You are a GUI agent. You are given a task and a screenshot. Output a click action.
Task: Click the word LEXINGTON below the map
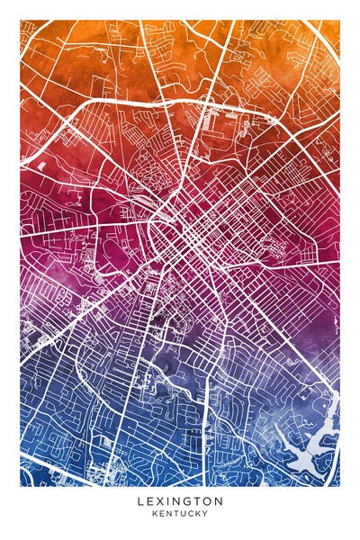coord(180,500)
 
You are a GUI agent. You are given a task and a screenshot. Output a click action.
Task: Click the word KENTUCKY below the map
coord(180,513)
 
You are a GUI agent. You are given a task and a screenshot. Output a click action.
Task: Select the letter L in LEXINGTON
coord(140,500)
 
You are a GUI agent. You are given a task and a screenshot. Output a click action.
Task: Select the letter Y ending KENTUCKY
coord(205,513)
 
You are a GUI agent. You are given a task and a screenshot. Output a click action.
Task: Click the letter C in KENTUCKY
coord(190,513)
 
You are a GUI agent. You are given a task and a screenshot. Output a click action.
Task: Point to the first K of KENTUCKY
coord(154,513)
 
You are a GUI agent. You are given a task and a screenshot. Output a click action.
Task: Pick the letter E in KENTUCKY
coord(161,513)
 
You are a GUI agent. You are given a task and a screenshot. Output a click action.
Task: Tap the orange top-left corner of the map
coord(27,27)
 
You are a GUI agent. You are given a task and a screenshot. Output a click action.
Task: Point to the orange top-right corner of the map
coord(333,27)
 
